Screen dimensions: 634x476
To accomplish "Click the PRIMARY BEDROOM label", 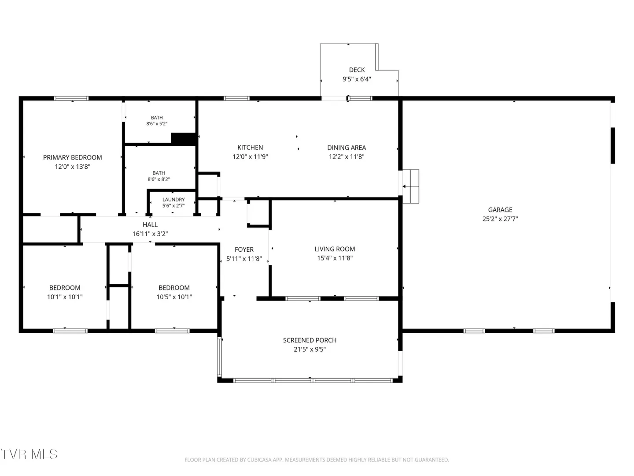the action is pyautogui.click(x=72, y=157).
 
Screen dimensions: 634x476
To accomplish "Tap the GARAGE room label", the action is pyautogui.click(x=500, y=210).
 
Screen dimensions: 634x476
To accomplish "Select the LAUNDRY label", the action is pyautogui.click(x=173, y=199).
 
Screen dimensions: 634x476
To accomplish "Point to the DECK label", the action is pyautogui.click(x=357, y=70).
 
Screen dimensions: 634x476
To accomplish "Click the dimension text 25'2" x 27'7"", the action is pyautogui.click(x=500, y=219).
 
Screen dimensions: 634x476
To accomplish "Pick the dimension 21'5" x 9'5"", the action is pyautogui.click(x=310, y=349).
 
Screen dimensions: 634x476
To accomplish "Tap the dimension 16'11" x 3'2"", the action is pyautogui.click(x=150, y=234).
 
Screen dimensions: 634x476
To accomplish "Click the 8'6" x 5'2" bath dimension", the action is pyautogui.click(x=157, y=124).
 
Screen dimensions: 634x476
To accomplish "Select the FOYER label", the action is pyautogui.click(x=244, y=249).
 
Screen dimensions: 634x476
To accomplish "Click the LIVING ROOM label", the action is pyautogui.click(x=335, y=249).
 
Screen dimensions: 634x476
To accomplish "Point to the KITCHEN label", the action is pyautogui.click(x=250, y=147).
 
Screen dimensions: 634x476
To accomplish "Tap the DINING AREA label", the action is pyautogui.click(x=346, y=147).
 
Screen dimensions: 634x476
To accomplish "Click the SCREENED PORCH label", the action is pyautogui.click(x=310, y=340).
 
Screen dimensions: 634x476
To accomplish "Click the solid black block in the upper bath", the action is pyautogui.click(x=184, y=139).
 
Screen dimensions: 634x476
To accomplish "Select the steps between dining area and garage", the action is pyautogui.click(x=410, y=186).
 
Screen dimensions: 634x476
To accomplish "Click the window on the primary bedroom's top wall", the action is pyautogui.click(x=71, y=98).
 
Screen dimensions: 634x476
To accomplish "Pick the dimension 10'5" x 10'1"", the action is pyautogui.click(x=174, y=297).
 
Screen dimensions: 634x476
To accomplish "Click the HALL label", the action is pyautogui.click(x=150, y=225).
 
